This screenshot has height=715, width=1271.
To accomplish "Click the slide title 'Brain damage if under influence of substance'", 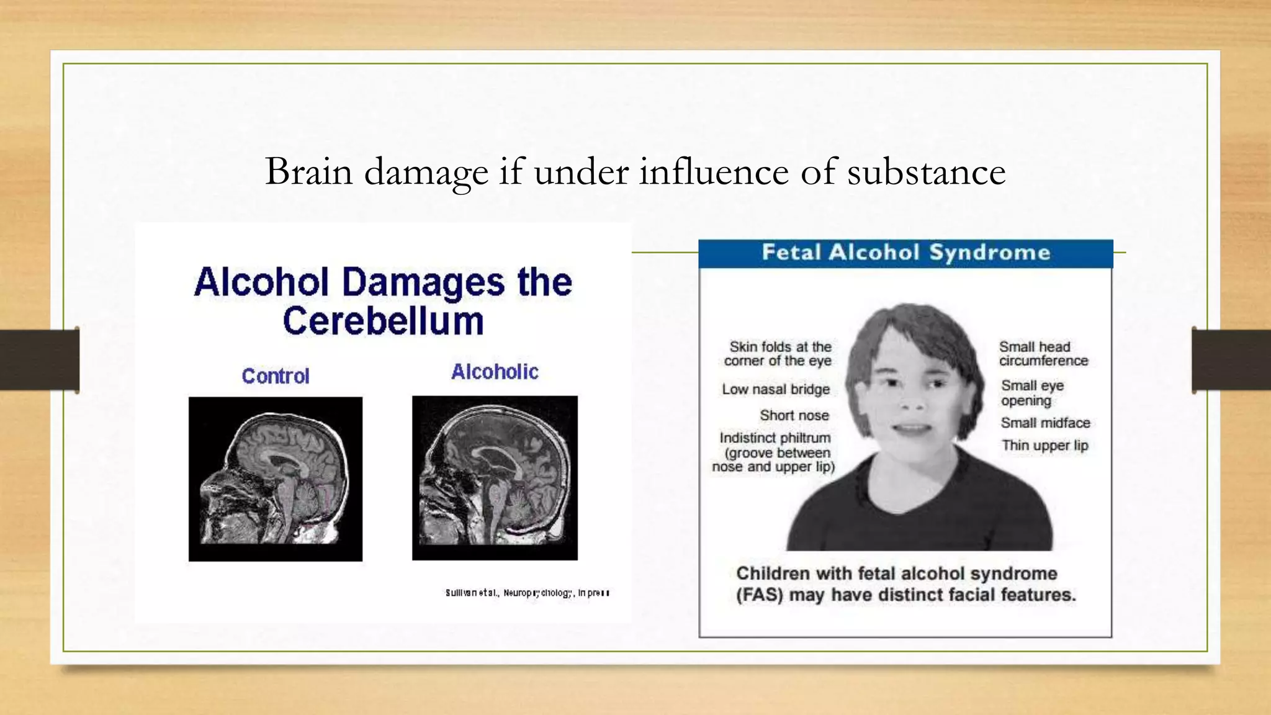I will [x=635, y=172].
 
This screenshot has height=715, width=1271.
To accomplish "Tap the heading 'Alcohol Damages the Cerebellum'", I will [x=383, y=301].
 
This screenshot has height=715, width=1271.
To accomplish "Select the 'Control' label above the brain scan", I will [x=276, y=376].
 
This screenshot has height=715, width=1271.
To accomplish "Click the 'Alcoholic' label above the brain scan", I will [x=495, y=372].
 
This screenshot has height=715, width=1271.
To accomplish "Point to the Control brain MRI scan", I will [x=276, y=479].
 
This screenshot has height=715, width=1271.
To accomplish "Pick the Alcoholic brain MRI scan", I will [x=495, y=478].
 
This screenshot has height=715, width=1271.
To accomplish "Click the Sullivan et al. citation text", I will [x=527, y=593].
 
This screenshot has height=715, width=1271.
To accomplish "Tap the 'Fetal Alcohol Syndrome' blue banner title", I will [x=905, y=253].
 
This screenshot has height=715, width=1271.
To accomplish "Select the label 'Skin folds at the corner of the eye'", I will [x=778, y=354].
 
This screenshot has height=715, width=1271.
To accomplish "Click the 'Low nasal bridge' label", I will [x=776, y=390].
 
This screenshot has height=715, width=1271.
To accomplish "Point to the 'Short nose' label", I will [x=794, y=415].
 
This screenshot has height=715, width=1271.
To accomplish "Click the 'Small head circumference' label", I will [x=1043, y=354].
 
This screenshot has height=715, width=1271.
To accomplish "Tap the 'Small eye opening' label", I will [x=1032, y=393].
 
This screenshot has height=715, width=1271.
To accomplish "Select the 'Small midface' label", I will [x=1045, y=423].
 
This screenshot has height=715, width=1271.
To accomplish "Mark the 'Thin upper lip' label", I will [x=1044, y=446].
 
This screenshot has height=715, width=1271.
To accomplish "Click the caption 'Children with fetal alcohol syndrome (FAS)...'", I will [x=905, y=584].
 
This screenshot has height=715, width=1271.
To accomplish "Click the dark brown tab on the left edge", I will [x=39, y=360].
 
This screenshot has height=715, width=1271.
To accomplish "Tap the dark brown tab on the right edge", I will [x=1231, y=360].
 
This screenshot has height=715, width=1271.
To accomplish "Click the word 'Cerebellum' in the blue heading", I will [x=383, y=322].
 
